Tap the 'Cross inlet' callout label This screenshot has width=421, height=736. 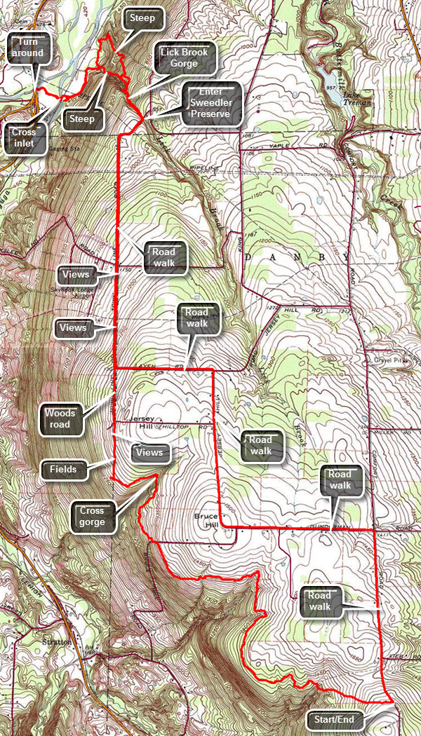[24, 138]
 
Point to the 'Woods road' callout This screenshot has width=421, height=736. [60, 418]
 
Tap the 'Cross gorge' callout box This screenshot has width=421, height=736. [92, 516]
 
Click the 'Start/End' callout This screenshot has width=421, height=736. [335, 720]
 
